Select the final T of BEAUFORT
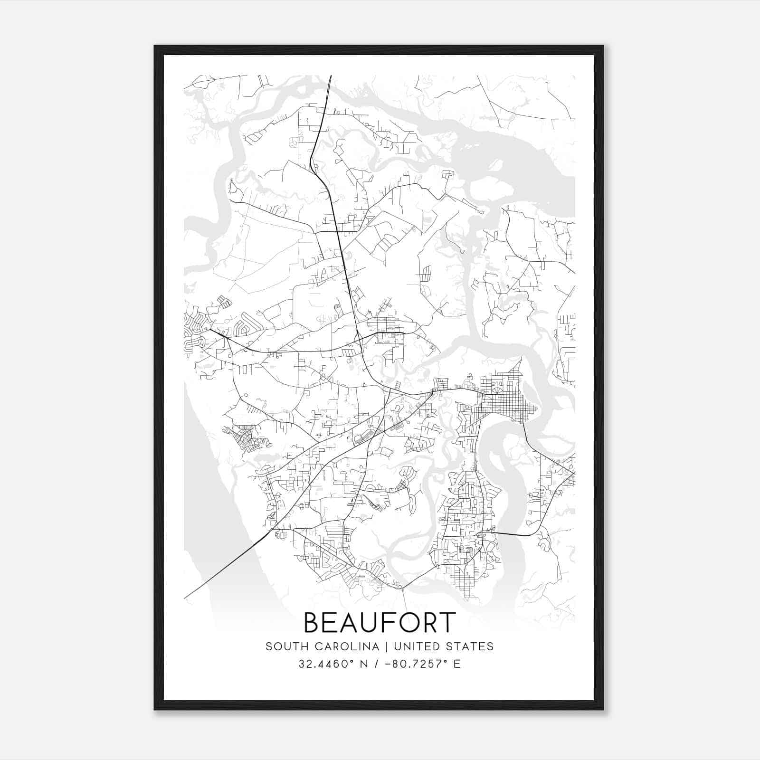point(447,623)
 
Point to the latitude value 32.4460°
point(327,664)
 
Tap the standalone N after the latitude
point(365,664)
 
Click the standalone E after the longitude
point(457,664)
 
